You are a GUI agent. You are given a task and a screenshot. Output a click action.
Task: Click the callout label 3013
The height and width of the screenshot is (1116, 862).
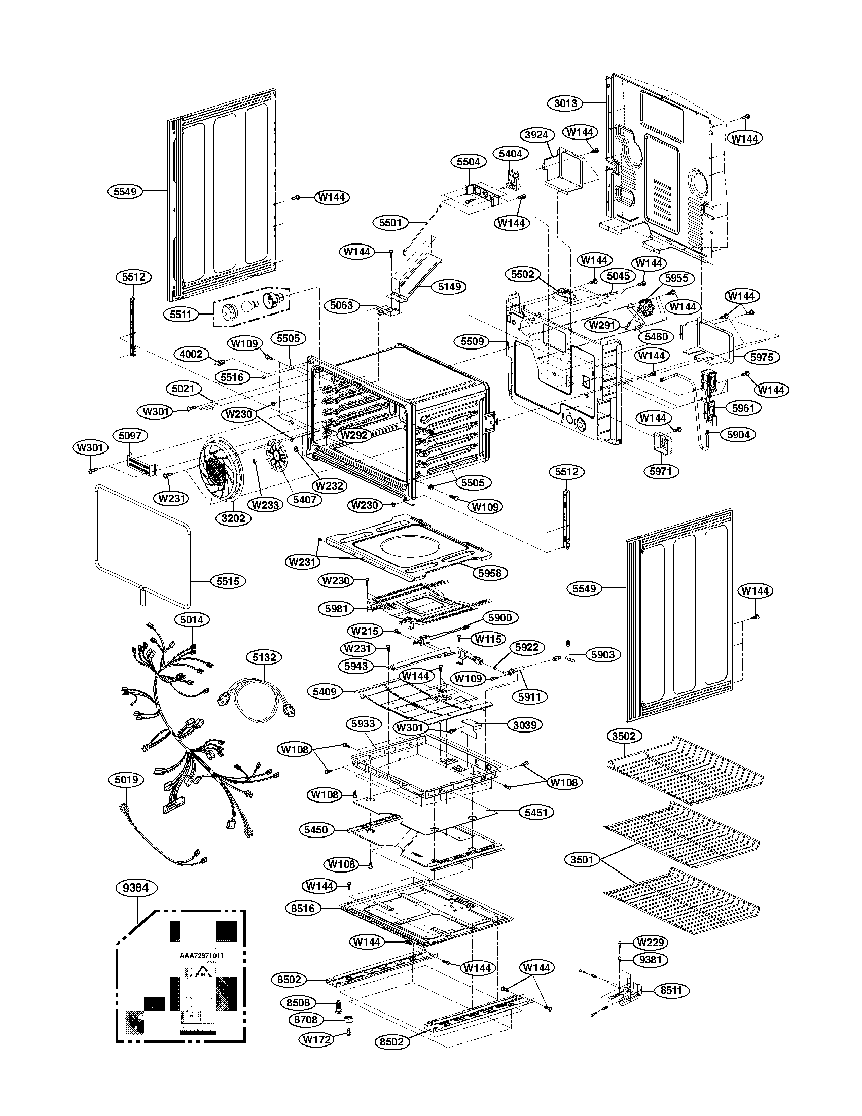pos(565,103)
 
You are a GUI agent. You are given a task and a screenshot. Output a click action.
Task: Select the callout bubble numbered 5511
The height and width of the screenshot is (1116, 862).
pos(181,315)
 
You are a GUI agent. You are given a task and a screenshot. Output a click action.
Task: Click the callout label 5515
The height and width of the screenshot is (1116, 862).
pos(228,581)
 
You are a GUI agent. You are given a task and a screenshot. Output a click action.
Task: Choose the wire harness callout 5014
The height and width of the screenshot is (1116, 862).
pos(192,620)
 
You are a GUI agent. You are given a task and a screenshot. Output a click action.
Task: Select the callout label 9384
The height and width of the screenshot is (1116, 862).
pos(135,888)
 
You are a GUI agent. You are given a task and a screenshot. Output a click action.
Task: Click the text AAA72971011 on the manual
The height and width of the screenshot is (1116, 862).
pos(202,955)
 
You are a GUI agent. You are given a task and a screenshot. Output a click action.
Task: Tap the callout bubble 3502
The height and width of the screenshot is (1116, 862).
pos(624,736)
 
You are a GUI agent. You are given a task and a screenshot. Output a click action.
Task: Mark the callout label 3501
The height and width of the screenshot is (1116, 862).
pos(582,860)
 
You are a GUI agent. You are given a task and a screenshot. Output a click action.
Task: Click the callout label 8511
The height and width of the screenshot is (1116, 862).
pos(671,990)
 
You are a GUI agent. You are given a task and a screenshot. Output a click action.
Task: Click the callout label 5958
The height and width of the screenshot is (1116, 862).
pos(489,573)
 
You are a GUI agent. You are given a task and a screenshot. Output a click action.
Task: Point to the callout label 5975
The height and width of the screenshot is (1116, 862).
pos(762,357)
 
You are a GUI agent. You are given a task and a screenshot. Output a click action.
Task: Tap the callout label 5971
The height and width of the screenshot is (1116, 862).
pos(661,471)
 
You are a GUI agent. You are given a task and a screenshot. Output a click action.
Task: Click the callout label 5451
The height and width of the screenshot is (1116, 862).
pos(535,812)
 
